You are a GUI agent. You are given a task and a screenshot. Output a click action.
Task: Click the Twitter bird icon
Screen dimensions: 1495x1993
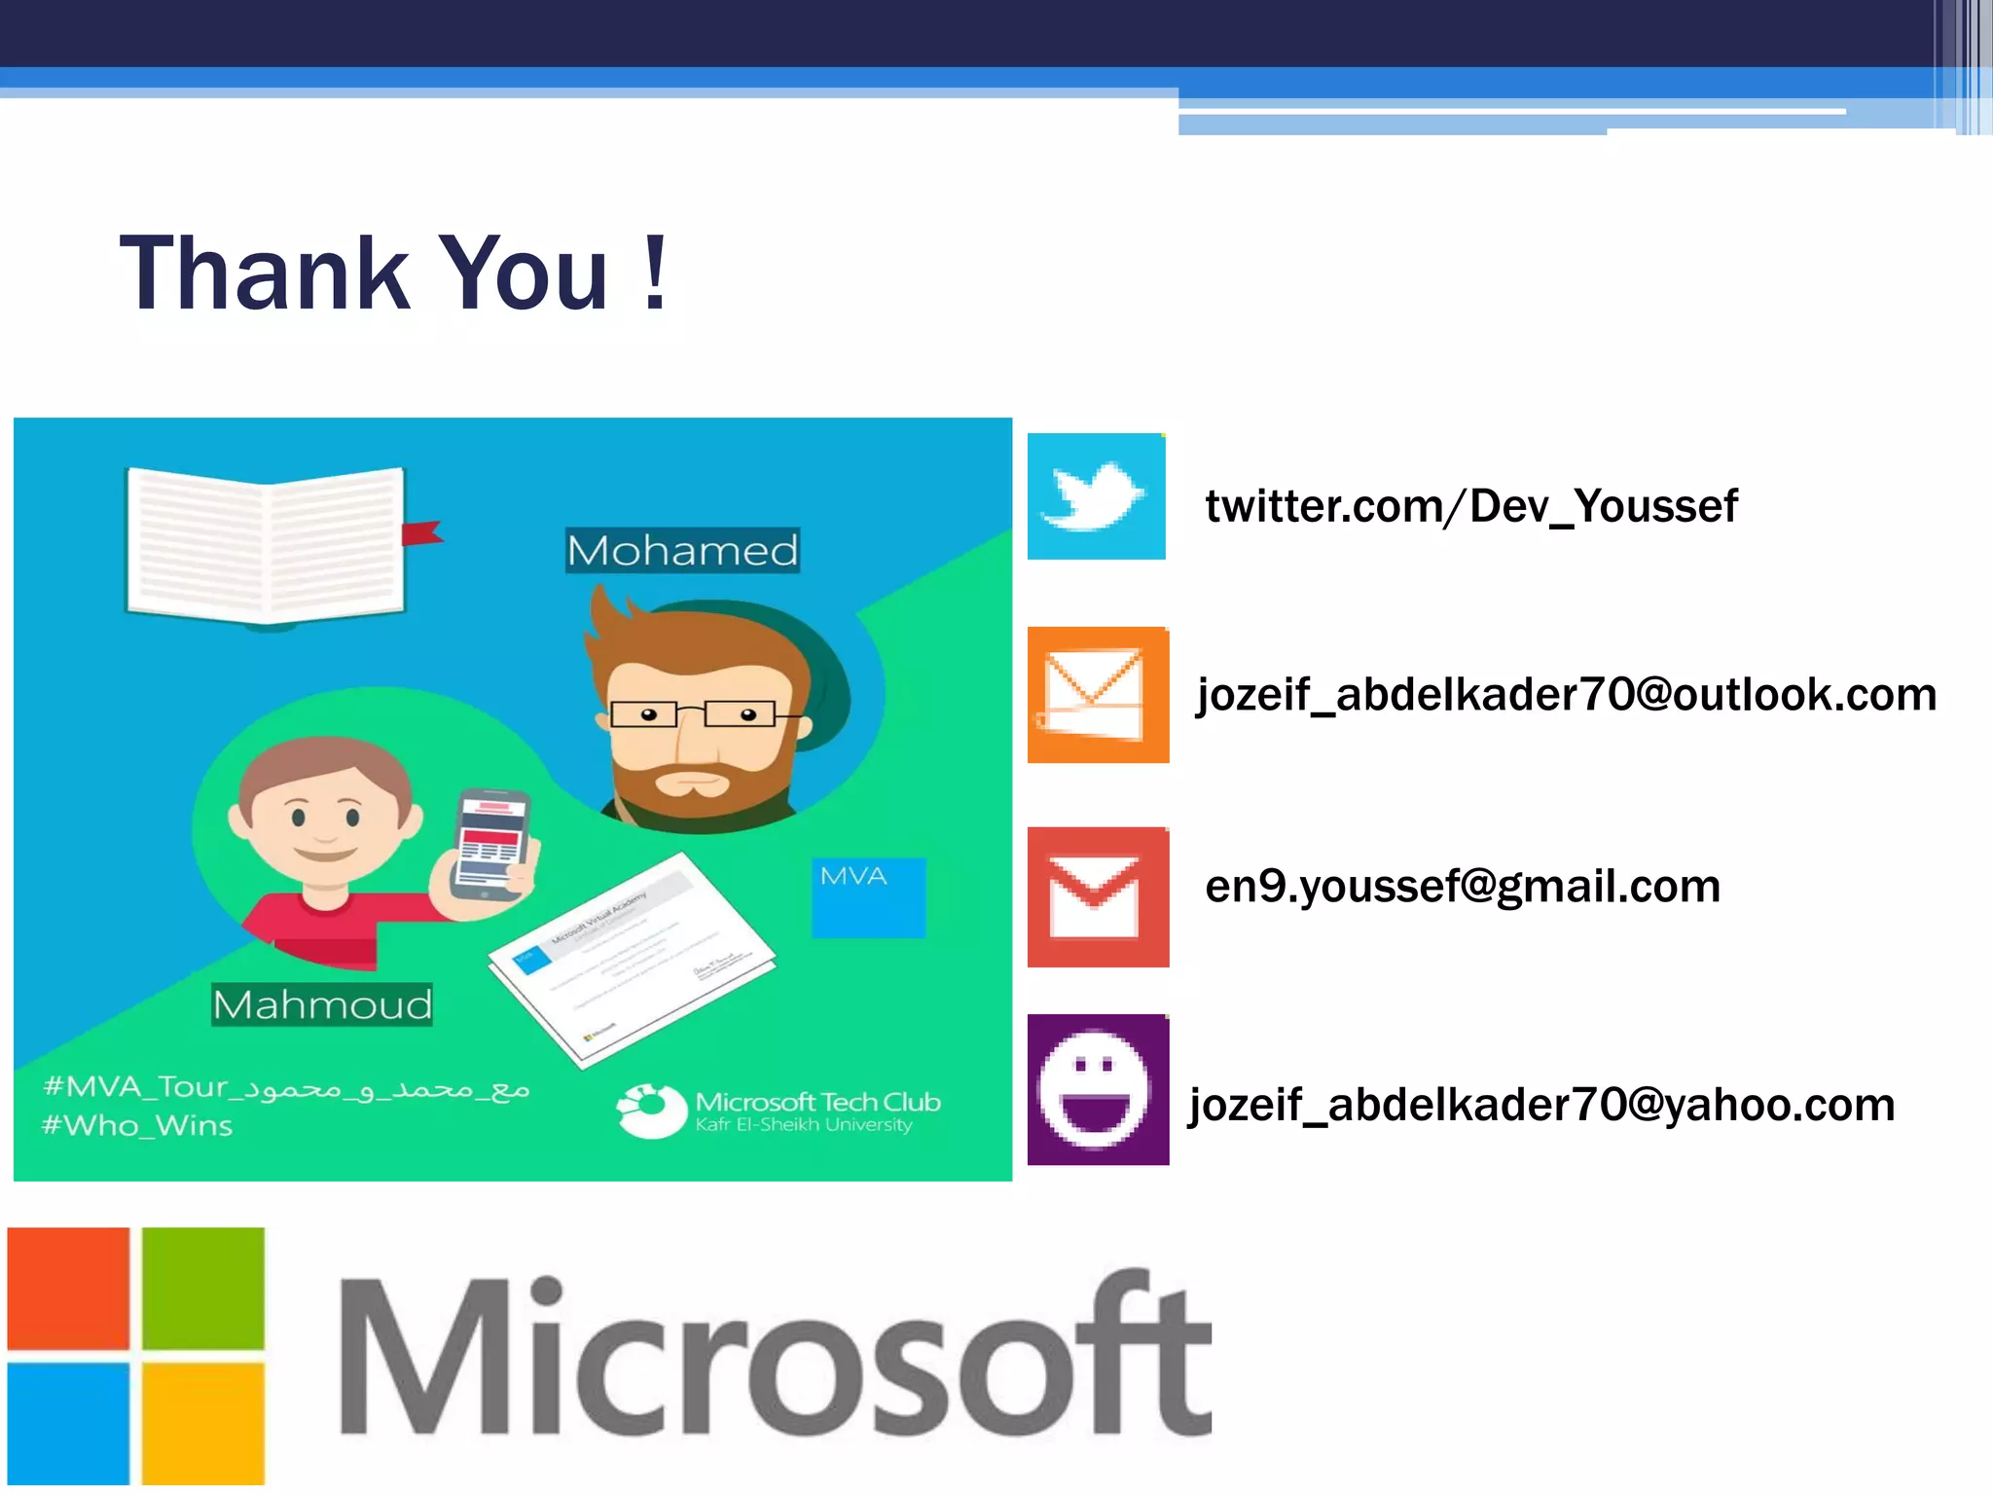[x=1096, y=496]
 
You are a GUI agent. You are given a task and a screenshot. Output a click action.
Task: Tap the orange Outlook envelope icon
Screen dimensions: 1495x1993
[x=1097, y=695]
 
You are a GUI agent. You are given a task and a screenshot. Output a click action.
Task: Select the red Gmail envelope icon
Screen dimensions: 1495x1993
[x=1097, y=896]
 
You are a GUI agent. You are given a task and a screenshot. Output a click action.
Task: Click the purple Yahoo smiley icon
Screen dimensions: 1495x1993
[x=1097, y=1089]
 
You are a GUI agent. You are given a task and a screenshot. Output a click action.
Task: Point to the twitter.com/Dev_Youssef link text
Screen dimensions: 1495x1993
[x=1470, y=506]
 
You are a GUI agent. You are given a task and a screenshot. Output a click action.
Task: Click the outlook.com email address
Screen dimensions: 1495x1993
[x=1566, y=695]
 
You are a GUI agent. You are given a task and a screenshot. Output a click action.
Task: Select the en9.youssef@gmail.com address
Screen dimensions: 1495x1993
[x=1462, y=886]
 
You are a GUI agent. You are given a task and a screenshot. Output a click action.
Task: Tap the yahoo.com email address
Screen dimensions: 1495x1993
[x=1541, y=1105]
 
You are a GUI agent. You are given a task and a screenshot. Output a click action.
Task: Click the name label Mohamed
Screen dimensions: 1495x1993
[x=682, y=551]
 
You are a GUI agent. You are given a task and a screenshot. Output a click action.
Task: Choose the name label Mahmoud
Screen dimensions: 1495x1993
[x=322, y=1004]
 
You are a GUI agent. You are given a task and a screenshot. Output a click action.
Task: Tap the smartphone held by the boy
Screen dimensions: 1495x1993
[x=491, y=843]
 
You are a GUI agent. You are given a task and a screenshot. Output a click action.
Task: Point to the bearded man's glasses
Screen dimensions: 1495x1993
[x=693, y=714]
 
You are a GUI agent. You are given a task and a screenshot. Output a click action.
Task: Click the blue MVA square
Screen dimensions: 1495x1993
[x=868, y=897]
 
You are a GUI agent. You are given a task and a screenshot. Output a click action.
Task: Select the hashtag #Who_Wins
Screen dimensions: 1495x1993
[x=137, y=1126]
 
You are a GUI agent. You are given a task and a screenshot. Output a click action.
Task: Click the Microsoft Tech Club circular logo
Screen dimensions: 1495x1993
[x=651, y=1110]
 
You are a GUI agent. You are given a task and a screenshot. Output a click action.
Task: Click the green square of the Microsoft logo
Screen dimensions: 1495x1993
[x=203, y=1288]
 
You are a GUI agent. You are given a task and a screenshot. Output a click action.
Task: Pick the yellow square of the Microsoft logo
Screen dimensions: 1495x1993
[x=203, y=1422]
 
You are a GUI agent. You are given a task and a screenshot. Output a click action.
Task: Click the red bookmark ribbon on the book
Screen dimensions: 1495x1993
[x=422, y=533]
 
